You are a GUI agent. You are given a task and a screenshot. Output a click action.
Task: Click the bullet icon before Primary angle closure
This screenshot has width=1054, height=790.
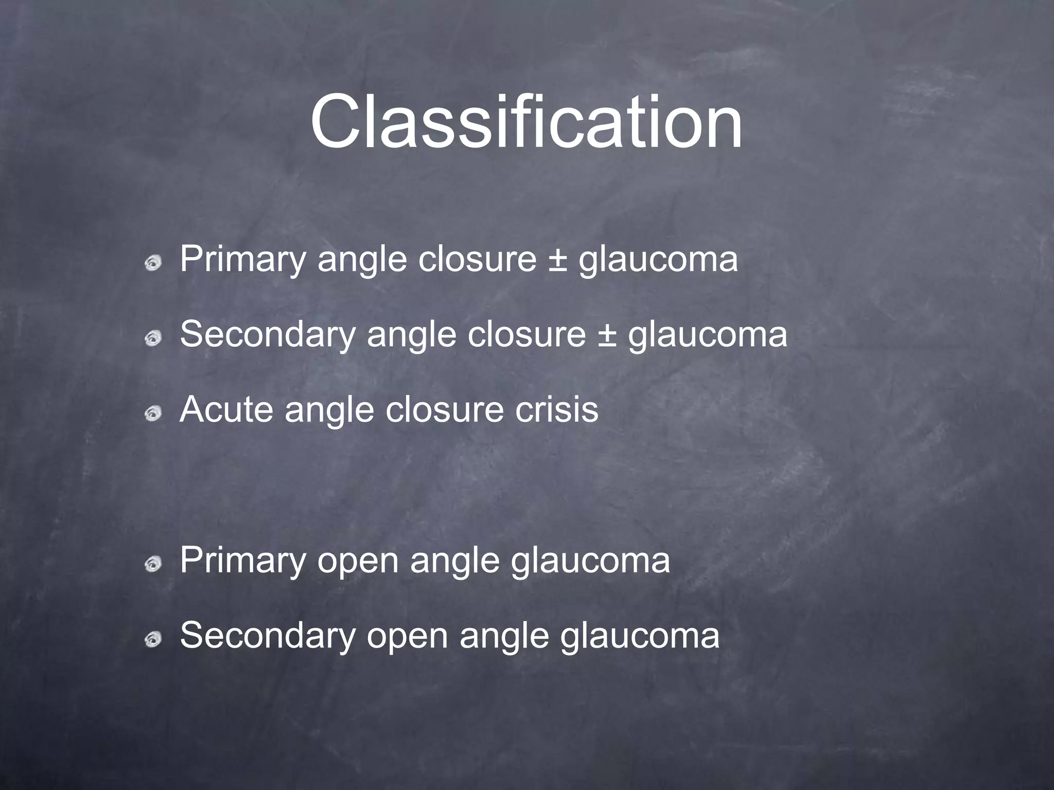click(x=153, y=263)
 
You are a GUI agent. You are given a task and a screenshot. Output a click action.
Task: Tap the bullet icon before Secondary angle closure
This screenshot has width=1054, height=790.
click(x=153, y=338)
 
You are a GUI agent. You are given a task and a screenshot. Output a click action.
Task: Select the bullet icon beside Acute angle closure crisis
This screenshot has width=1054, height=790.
click(x=153, y=413)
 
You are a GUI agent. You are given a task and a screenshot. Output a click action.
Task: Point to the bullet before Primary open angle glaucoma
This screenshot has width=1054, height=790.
click(x=153, y=564)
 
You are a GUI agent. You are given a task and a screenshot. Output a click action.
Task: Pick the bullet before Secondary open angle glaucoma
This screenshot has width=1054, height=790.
click(x=153, y=639)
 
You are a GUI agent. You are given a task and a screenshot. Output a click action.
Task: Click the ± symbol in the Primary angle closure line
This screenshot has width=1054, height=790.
click(x=557, y=260)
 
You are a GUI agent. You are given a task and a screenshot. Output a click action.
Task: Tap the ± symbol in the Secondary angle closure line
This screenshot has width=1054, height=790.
click(x=607, y=335)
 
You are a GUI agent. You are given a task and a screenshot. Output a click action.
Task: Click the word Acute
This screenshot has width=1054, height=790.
click(x=226, y=409)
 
